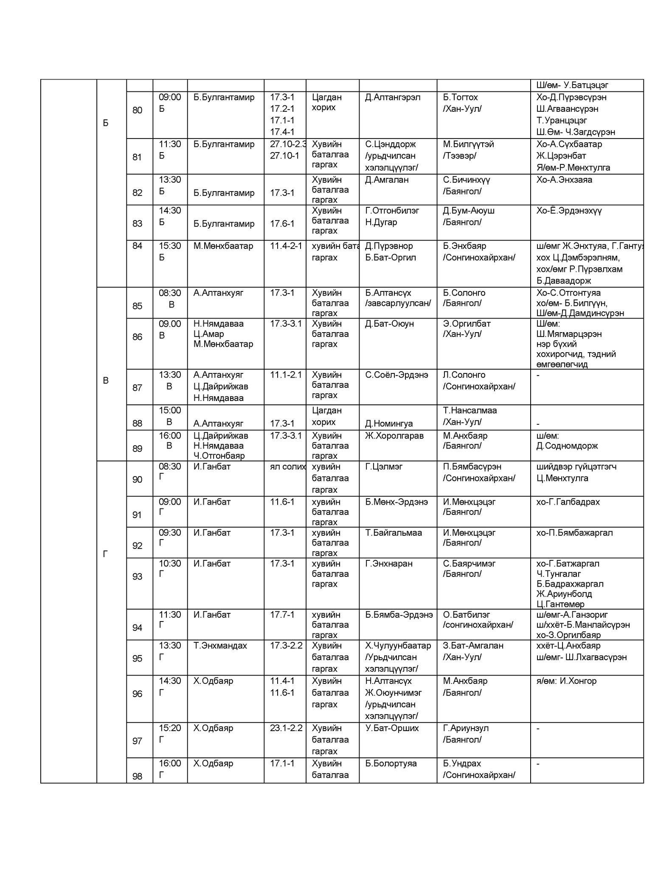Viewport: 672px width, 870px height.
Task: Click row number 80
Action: tap(137, 110)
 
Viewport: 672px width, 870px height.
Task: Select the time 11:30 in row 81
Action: tap(170, 144)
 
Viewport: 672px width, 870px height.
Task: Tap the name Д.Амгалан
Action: tap(387, 180)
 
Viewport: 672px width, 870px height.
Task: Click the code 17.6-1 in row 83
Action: tap(282, 224)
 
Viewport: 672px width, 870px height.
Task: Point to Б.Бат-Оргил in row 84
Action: tap(391, 257)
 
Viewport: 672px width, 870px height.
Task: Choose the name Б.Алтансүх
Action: tap(388, 293)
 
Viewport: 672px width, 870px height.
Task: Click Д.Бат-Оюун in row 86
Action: tap(389, 324)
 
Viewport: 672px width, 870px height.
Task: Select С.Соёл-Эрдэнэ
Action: tap(396, 375)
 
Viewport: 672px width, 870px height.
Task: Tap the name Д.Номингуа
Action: tap(389, 424)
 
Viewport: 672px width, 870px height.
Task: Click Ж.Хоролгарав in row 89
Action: tap(394, 436)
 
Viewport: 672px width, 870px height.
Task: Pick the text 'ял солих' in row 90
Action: tap(287, 466)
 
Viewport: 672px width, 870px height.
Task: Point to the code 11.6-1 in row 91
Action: tap(282, 502)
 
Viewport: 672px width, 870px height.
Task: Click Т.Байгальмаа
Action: tap(394, 533)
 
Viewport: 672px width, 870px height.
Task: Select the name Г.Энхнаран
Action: tap(389, 564)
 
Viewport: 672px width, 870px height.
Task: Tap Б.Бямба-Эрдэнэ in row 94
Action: tap(399, 615)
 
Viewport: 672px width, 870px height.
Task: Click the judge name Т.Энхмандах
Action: tap(220, 646)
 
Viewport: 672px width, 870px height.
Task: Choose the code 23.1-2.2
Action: tap(286, 728)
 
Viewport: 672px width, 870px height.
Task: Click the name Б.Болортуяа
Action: tap(391, 763)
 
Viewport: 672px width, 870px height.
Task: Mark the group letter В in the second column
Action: tap(106, 381)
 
